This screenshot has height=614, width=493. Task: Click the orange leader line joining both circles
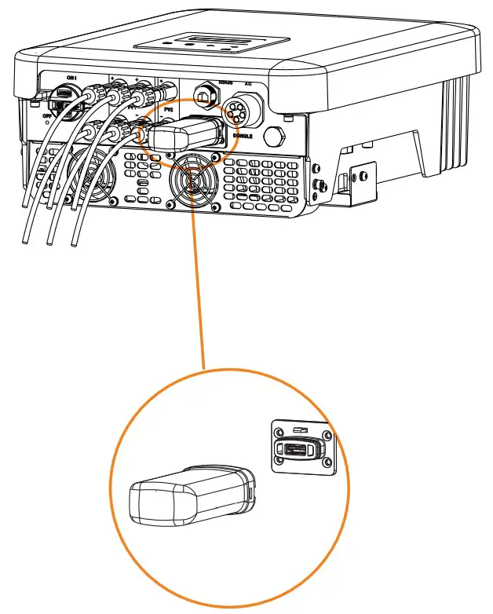198,298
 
